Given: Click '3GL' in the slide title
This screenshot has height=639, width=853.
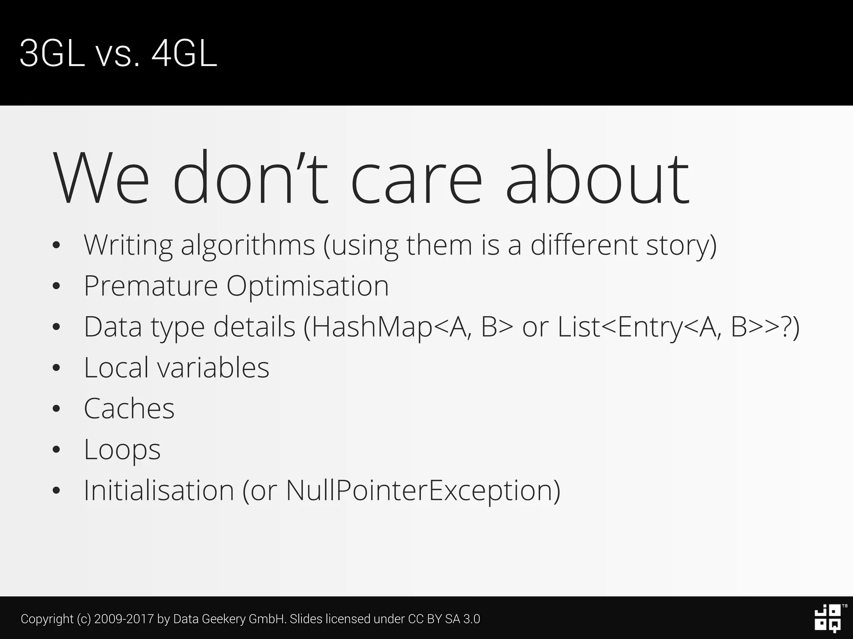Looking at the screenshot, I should (x=52, y=54).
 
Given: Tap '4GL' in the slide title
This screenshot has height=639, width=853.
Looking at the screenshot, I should (x=184, y=54).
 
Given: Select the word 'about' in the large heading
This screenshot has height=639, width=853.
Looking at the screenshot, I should (x=597, y=177).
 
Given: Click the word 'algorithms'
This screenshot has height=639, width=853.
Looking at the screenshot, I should (x=248, y=245).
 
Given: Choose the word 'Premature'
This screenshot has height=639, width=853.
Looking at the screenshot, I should (x=151, y=286).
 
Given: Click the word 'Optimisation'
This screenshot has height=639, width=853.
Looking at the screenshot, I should (x=307, y=286).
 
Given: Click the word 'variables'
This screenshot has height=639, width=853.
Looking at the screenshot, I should (x=213, y=368).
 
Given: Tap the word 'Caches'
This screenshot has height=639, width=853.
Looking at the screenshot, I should (x=129, y=409).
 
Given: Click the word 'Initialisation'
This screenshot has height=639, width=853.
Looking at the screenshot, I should (x=159, y=490).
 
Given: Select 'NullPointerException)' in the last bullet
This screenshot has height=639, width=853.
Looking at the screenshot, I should (x=423, y=490).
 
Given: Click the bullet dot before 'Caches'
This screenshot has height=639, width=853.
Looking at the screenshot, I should (x=57, y=409).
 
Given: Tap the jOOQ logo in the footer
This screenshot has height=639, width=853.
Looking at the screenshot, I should (x=828, y=619).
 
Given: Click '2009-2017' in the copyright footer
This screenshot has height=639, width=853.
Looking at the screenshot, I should (x=124, y=619).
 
